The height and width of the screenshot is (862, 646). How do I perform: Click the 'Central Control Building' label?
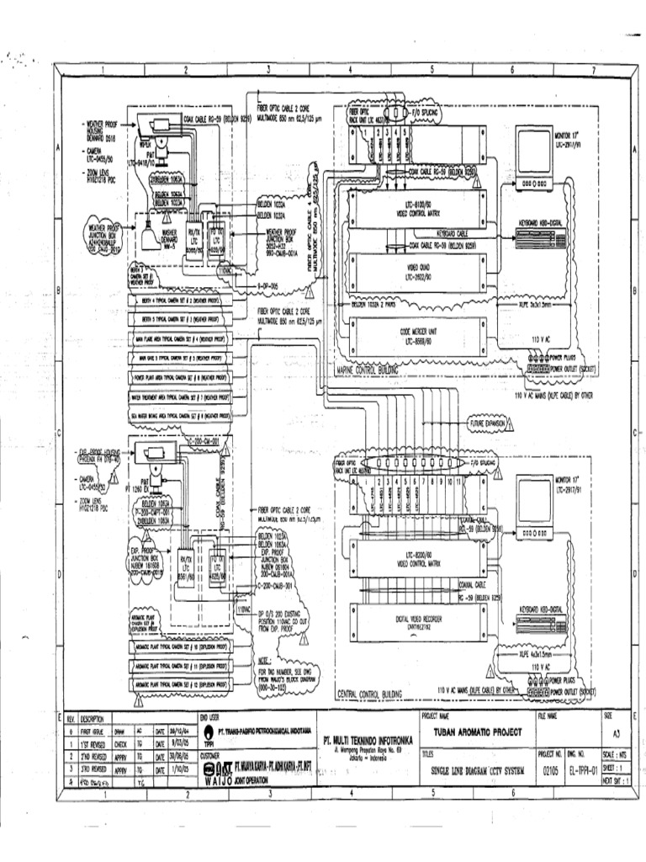[369, 694]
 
